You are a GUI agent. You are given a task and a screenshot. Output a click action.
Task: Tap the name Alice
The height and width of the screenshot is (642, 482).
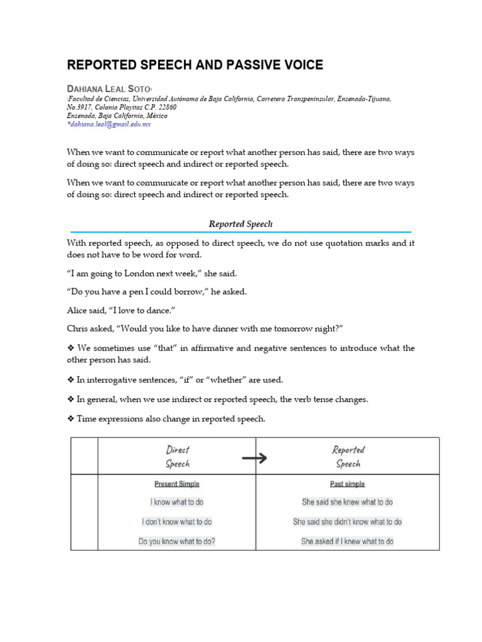pos(78,310)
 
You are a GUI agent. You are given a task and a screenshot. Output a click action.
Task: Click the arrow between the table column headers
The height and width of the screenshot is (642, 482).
pos(254,458)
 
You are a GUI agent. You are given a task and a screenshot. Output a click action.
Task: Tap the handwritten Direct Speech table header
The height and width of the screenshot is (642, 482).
pos(177,456)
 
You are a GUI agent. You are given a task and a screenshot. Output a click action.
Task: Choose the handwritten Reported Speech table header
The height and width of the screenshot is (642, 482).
pos(348,456)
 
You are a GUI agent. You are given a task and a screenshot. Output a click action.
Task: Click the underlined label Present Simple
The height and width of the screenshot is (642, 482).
pos(177,484)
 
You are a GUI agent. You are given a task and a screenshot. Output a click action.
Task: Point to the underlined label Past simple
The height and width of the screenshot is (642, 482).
pos(347,484)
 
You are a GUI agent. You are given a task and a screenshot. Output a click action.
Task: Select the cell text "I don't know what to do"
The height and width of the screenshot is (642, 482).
pos(177,522)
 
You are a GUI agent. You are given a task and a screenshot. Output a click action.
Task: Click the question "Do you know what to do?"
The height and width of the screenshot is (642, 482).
pos(177,541)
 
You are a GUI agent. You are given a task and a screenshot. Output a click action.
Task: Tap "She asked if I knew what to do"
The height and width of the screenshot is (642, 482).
pos(347,541)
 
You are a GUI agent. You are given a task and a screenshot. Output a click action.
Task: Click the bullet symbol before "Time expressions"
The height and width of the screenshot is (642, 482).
pos(70,419)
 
